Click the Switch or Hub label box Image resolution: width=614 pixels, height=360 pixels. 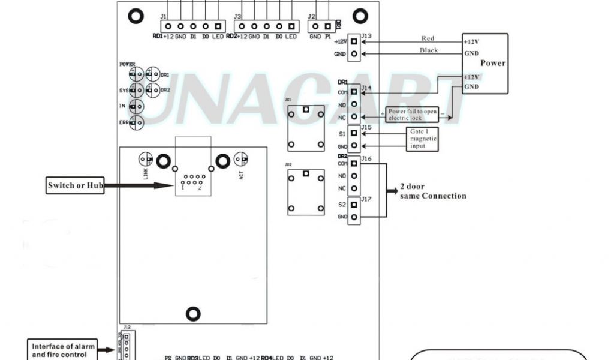click(x=76, y=185)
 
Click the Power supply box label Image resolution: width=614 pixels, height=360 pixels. click(x=493, y=63)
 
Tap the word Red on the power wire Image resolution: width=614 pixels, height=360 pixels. click(x=428, y=38)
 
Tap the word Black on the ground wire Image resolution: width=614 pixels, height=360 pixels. click(x=429, y=50)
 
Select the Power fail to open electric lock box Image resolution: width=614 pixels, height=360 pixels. click(x=413, y=115)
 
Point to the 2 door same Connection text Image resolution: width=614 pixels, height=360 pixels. click(x=433, y=191)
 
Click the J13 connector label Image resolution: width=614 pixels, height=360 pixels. click(x=366, y=36)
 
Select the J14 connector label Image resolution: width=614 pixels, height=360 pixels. click(x=366, y=88)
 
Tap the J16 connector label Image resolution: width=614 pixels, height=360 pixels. click(x=366, y=159)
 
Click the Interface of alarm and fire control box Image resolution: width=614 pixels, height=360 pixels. click(x=64, y=350)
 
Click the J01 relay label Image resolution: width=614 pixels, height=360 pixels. click(x=288, y=99)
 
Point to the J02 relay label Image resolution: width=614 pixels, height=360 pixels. click(x=288, y=163)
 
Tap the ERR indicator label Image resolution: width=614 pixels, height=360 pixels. click(x=124, y=122)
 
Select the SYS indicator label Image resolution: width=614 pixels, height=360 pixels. click(x=124, y=91)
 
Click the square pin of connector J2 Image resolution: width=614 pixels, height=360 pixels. click(x=327, y=26)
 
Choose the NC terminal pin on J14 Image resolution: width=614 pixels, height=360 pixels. click(x=354, y=116)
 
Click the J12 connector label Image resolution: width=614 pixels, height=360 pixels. click(x=127, y=327)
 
